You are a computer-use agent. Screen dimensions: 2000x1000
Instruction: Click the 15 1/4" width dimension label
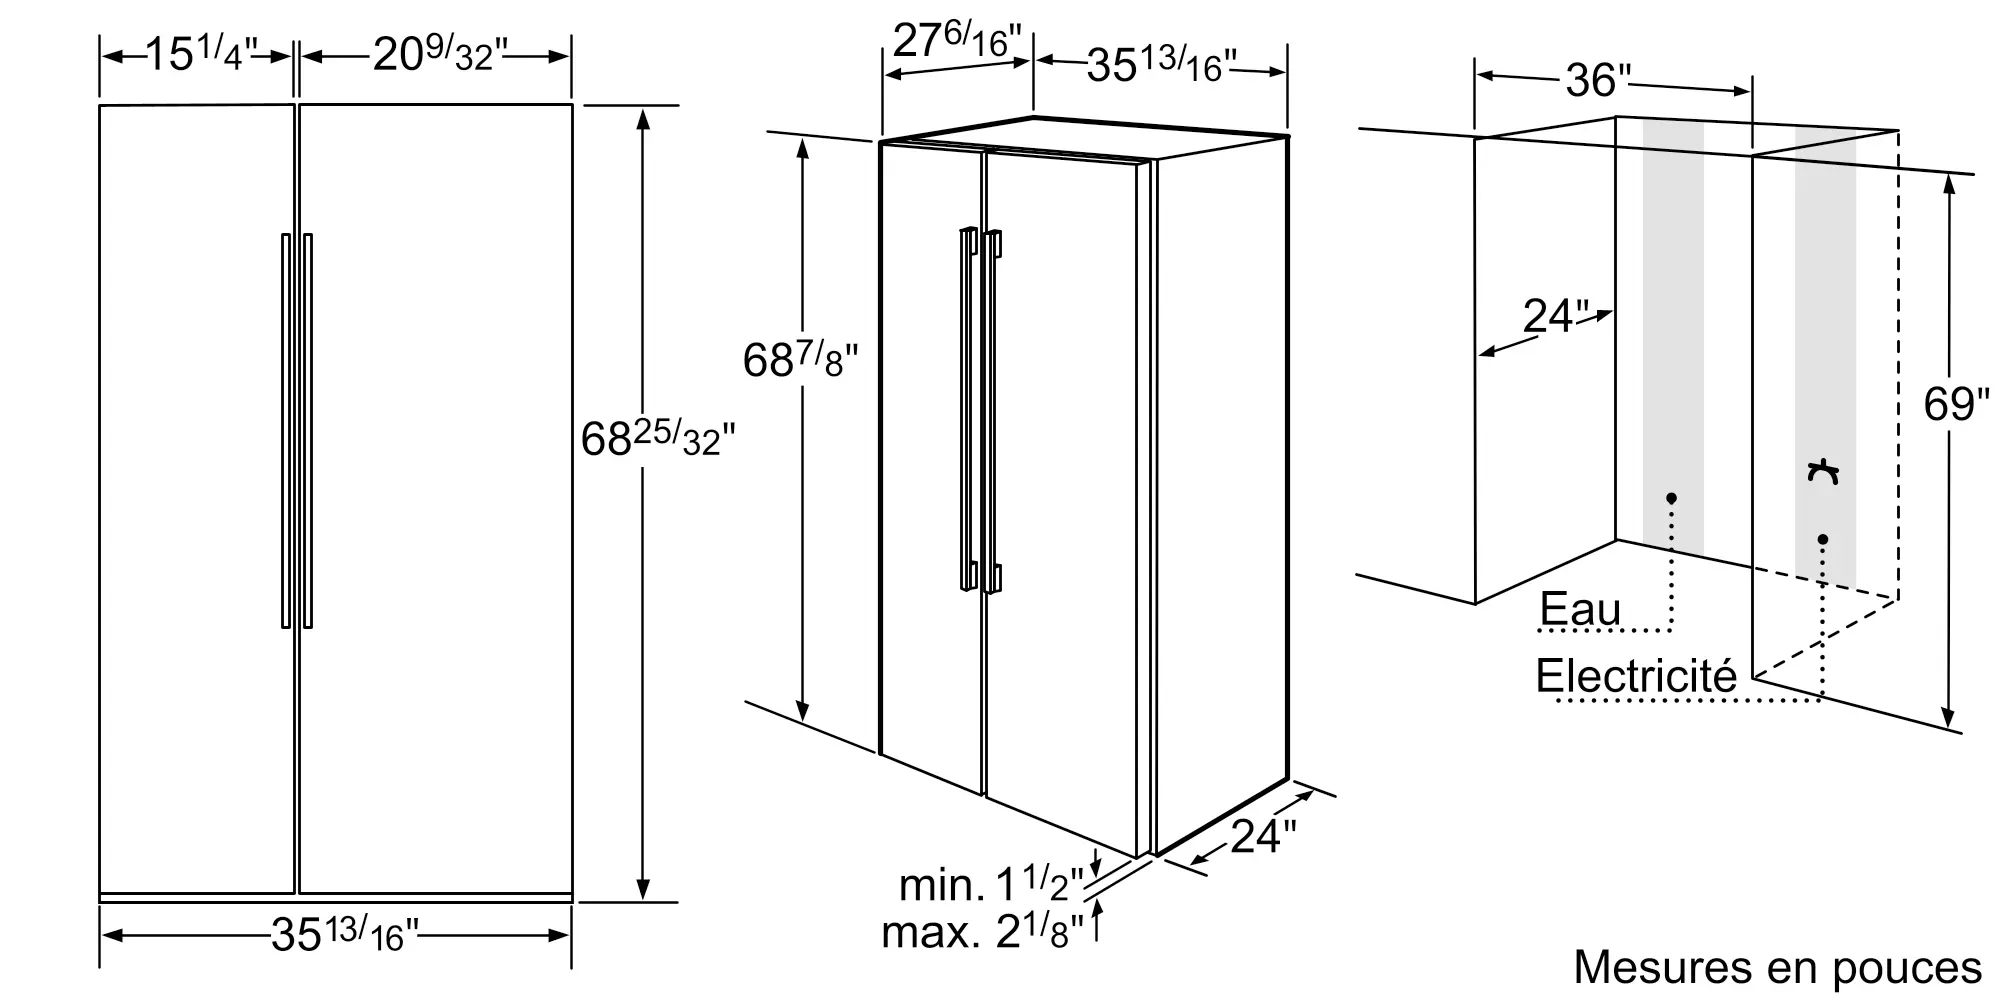[x=201, y=55]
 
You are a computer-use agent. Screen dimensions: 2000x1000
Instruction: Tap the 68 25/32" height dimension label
[x=657, y=439]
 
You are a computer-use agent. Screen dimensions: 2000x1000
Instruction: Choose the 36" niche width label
[x=1597, y=80]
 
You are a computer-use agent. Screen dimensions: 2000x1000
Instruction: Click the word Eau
[x=1580, y=609]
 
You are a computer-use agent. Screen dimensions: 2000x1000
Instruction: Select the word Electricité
[x=1636, y=677]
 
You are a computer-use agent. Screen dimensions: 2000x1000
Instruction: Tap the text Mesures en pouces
[x=1777, y=967]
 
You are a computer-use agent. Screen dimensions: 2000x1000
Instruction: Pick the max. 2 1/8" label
[x=983, y=932]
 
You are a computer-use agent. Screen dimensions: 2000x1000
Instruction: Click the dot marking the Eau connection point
[x=1671, y=498]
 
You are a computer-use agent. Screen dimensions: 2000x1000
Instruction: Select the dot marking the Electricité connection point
[x=1823, y=540]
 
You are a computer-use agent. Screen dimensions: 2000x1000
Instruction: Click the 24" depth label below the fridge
[x=1262, y=836]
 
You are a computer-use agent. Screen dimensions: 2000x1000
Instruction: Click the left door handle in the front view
[x=286, y=430]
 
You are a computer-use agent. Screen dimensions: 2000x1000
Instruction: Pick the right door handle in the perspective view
[x=992, y=410]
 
